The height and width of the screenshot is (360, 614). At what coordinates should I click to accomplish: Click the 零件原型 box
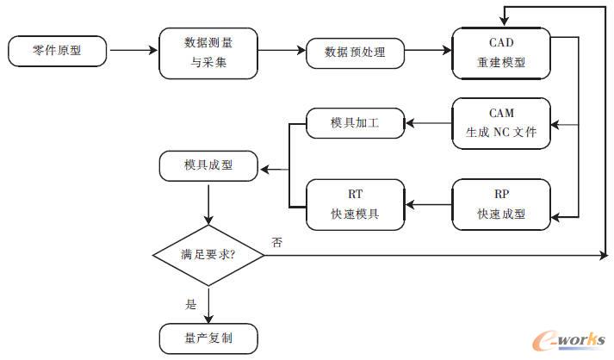(58, 52)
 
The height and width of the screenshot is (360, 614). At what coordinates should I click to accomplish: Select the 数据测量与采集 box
(208, 52)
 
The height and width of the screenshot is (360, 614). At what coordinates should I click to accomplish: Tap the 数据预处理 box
(355, 52)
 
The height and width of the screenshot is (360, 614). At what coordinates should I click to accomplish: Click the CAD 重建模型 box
(500, 52)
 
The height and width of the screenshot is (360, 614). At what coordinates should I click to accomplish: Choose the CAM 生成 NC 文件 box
(500, 123)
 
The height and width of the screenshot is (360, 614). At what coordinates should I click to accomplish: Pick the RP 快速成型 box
(500, 205)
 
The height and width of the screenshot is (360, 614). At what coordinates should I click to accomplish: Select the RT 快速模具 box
(355, 205)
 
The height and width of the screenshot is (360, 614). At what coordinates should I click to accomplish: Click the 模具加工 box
(355, 123)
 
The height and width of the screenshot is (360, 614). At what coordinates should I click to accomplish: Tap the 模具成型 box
(208, 164)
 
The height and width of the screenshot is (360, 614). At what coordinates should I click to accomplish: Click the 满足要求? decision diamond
(208, 255)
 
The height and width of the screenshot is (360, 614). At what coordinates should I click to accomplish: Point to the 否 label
(276, 243)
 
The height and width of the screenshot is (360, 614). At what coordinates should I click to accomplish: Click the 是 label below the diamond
(191, 303)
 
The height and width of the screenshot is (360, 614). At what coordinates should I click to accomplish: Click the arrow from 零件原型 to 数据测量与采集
(133, 52)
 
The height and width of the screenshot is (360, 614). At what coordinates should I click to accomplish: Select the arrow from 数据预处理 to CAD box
(428, 52)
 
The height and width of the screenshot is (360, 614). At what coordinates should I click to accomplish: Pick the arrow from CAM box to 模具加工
(428, 123)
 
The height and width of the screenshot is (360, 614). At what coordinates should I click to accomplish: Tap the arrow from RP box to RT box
(428, 205)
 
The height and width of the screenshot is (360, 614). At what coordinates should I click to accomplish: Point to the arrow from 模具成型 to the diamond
(208, 205)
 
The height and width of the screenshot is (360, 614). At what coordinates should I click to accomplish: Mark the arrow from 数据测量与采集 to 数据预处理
(281, 52)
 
